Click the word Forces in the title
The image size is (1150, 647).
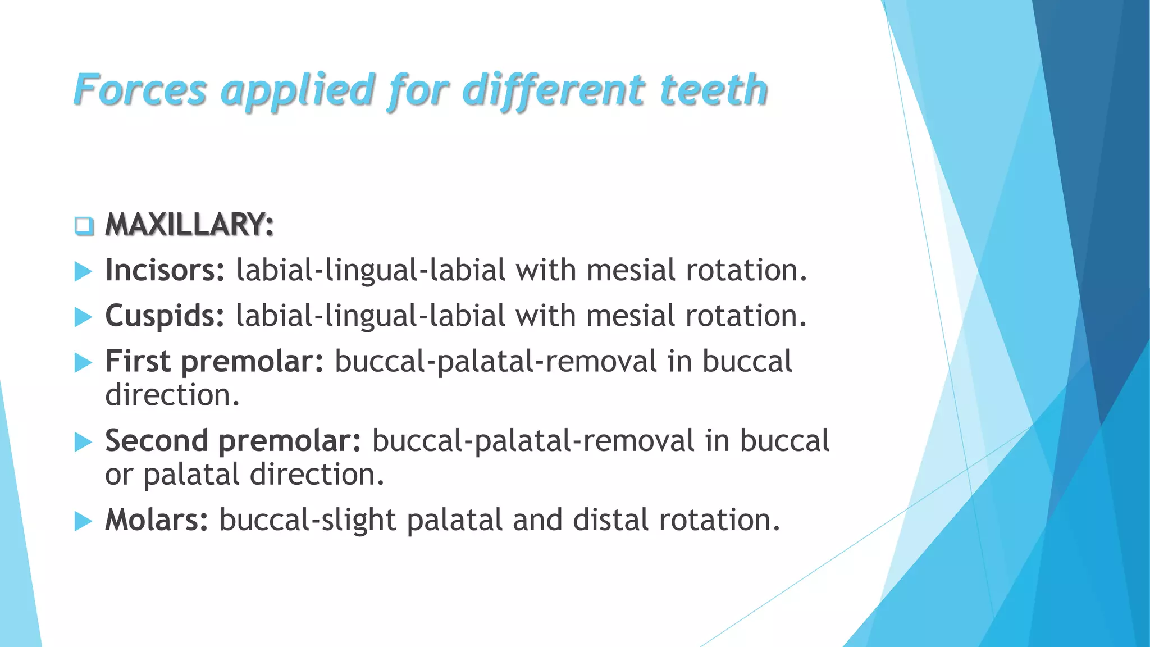click(140, 90)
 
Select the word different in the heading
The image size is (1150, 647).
click(553, 90)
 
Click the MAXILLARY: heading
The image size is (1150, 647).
click(189, 225)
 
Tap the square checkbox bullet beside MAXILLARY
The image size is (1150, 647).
click(84, 226)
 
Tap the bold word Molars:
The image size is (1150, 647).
click(157, 520)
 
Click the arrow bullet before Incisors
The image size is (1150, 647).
click(83, 272)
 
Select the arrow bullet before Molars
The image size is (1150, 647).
click(83, 521)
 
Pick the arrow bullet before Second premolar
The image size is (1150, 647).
click(83, 442)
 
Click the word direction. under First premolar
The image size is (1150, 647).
click(172, 395)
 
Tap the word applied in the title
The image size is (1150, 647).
click(298, 90)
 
